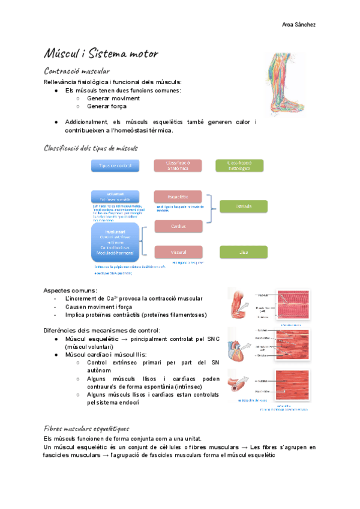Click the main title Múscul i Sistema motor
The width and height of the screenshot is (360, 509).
coord(101,54)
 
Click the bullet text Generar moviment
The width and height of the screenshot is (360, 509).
coord(113,98)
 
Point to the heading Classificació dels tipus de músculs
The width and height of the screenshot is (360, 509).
coord(91,148)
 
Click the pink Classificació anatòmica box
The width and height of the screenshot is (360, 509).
coord(178,165)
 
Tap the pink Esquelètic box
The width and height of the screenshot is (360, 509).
coord(178,196)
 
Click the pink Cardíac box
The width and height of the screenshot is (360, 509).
coord(178,226)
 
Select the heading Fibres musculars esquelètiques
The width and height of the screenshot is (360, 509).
coord(86,429)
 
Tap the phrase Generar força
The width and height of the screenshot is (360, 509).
coord(107,106)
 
